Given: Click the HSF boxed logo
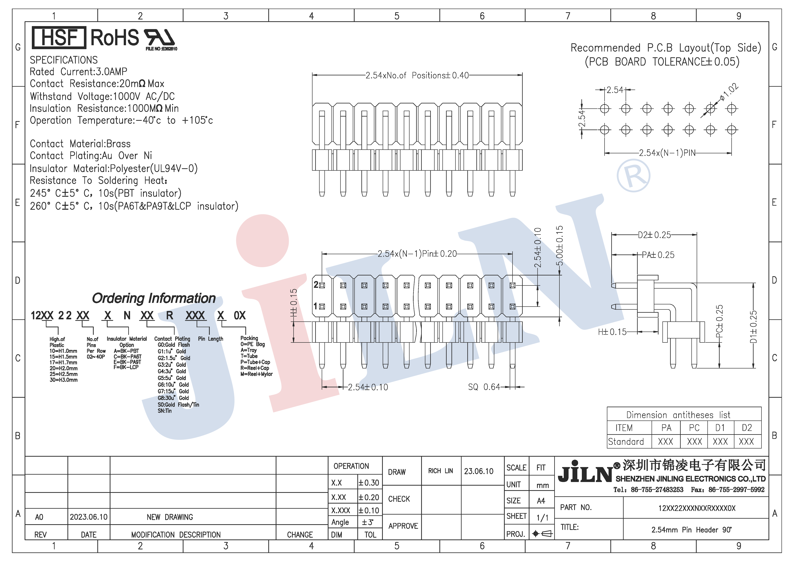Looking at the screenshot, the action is pyautogui.click(x=59, y=37).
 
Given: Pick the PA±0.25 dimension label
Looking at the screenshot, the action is pyautogui.click(x=658, y=255).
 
